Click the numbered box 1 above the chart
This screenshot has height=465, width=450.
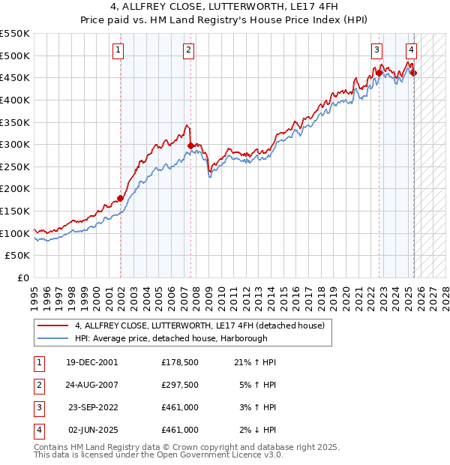pos(118,50)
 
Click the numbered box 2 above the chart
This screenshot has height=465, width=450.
pos(187,50)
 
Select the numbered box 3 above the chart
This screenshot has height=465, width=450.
pos(376,50)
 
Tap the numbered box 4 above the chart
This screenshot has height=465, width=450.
pos(411,50)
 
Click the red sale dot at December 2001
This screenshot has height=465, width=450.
pos(121,199)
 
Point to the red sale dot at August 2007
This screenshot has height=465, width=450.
pos(190,145)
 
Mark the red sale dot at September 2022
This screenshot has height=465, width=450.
pos(379,73)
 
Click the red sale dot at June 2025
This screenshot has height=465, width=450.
pos(413,73)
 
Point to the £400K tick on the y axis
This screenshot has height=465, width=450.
pos(16,100)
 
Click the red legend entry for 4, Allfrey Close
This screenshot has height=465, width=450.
pos(199,325)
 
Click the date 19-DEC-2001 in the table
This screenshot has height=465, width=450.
pos(92,362)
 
